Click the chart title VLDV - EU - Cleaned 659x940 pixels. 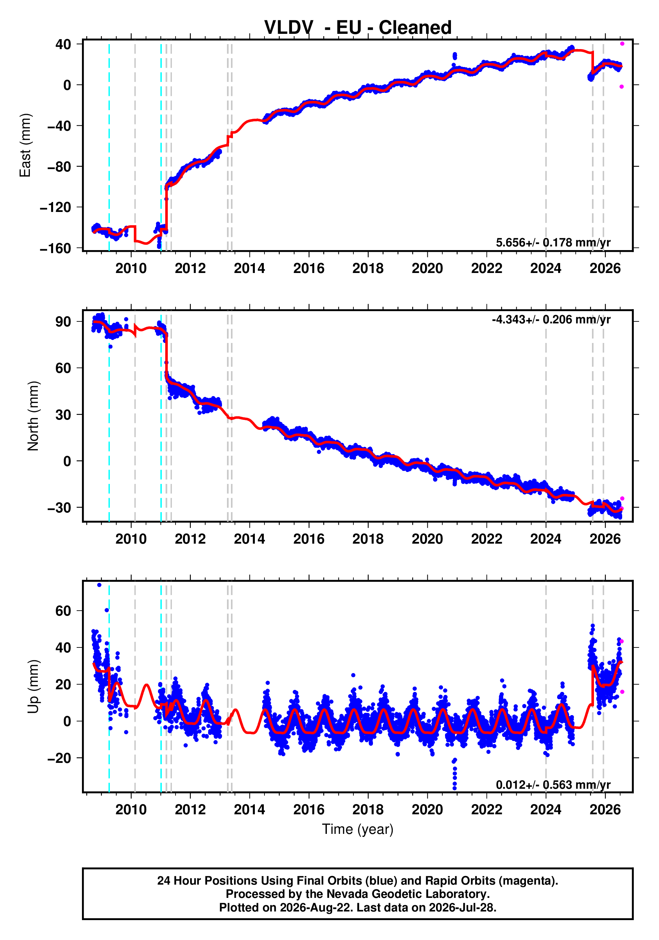click(358, 28)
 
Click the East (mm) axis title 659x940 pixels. click(25, 145)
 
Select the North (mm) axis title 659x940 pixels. click(33, 416)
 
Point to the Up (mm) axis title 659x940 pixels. click(33, 686)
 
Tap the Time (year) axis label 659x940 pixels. click(358, 829)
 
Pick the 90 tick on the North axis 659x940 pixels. click(63, 321)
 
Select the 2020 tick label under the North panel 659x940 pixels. click(427, 539)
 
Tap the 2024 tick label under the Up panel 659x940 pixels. click(546, 809)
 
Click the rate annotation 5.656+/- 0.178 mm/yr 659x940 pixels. click(553, 242)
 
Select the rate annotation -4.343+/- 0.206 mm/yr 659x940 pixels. click(551, 319)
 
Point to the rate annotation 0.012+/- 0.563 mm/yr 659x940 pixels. click(553, 784)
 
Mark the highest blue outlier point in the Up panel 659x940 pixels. click(99, 585)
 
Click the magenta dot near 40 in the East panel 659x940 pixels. click(622, 43)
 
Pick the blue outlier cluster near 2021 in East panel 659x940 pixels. click(455, 56)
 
